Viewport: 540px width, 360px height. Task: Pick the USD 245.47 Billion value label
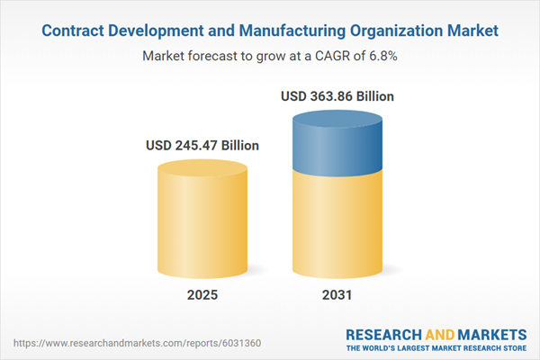(x=202, y=145)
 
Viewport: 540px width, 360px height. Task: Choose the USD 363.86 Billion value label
(x=337, y=95)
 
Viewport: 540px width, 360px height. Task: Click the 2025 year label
(x=202, y=296)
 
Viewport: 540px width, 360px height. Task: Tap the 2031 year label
(x=337, y=296)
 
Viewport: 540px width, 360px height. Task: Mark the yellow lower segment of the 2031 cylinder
(x=337, y=225)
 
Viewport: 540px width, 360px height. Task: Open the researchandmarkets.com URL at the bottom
(x=116, y=343)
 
